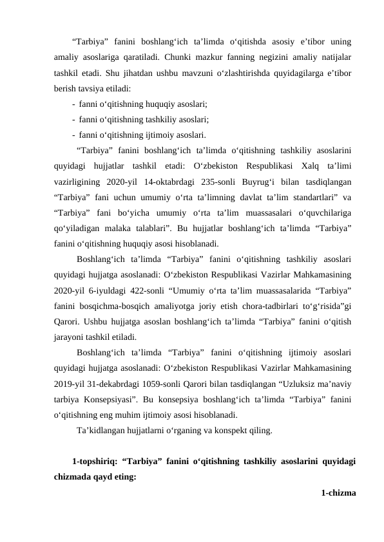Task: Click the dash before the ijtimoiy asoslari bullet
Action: [x=74, y=135]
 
